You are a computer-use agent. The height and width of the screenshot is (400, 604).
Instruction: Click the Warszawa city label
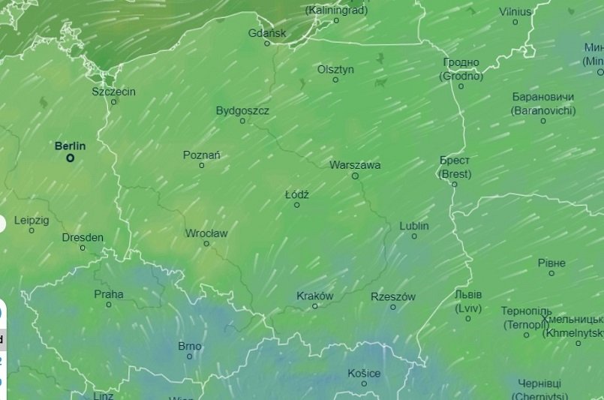[355, 165]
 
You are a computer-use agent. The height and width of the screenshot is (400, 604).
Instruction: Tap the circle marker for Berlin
[71, 158]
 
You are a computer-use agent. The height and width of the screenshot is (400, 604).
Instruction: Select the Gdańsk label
[267, 33]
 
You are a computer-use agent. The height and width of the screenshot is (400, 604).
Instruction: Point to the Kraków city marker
[315, 306]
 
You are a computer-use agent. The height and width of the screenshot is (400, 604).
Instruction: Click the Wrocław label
[206, 233]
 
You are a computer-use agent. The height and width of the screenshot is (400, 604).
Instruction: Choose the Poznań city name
[202, 155]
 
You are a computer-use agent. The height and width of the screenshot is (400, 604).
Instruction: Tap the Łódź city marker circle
[297, 205]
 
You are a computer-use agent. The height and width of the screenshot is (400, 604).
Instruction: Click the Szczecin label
[114, 92]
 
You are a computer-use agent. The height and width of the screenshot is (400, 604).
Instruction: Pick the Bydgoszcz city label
[242, 110]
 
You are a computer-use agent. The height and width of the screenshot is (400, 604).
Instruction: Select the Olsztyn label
[335, 69]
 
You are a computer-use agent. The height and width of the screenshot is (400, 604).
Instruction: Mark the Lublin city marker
[414, 236]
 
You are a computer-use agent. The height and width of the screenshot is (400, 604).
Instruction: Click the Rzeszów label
[393, 297]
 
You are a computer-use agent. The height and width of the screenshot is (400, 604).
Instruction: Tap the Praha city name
[109, 294]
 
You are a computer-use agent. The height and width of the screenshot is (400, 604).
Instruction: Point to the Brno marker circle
[190, 356]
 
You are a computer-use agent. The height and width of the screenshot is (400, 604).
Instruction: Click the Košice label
[364, 373]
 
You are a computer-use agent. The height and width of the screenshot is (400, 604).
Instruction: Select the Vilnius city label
[515, 12]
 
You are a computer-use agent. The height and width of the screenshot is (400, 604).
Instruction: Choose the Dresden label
[83, 237]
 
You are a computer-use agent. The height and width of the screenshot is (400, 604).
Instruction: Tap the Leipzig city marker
[32, 230]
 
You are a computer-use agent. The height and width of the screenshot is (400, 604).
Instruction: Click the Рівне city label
[551, 263]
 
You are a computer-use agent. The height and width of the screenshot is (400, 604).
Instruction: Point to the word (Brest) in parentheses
[455, 174]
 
